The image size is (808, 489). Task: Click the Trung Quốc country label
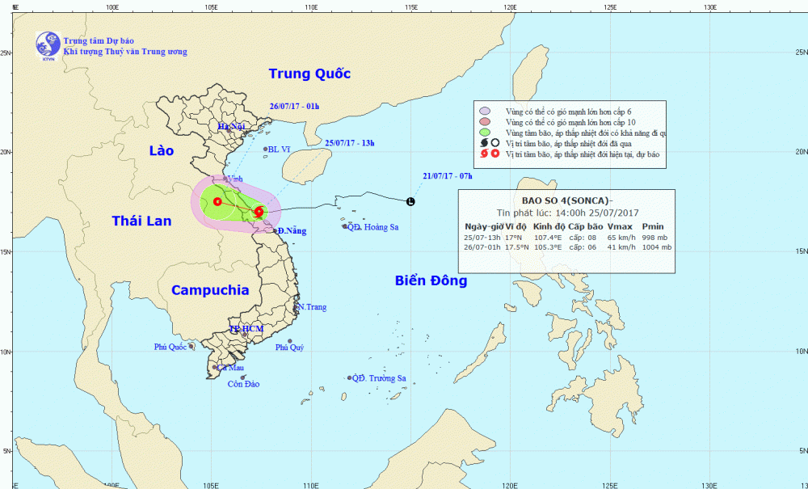point(309,74)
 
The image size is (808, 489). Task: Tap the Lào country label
point(162,150)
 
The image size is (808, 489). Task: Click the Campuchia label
point(210,290)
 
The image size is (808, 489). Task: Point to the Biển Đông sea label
point(431,280)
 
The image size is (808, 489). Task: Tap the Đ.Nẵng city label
point(292,231)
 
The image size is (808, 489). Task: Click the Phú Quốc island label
point(170,347)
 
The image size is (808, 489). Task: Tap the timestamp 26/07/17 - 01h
point(294,106)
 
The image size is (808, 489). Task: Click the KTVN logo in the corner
point(48,46)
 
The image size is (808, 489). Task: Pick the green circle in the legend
point(484,132)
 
